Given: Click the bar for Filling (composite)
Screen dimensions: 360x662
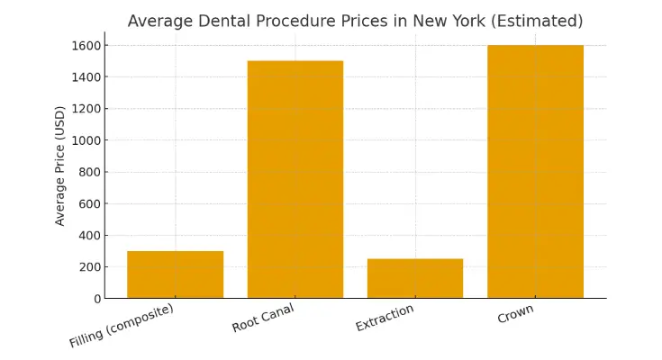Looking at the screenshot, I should pos(175,274).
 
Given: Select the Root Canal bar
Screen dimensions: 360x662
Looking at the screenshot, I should pos(295,180).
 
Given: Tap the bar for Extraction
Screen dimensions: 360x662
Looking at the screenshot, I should pos(415,278).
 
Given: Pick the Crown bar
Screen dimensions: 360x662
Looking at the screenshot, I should pos(535,171).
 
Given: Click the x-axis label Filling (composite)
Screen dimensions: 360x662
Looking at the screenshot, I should pos(122,325).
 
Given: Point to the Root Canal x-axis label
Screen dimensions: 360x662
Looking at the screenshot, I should pos(263,318).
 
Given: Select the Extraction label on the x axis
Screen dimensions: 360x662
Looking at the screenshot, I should pos(385,318).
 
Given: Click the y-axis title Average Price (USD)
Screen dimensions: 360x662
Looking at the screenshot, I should pos(60,166).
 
